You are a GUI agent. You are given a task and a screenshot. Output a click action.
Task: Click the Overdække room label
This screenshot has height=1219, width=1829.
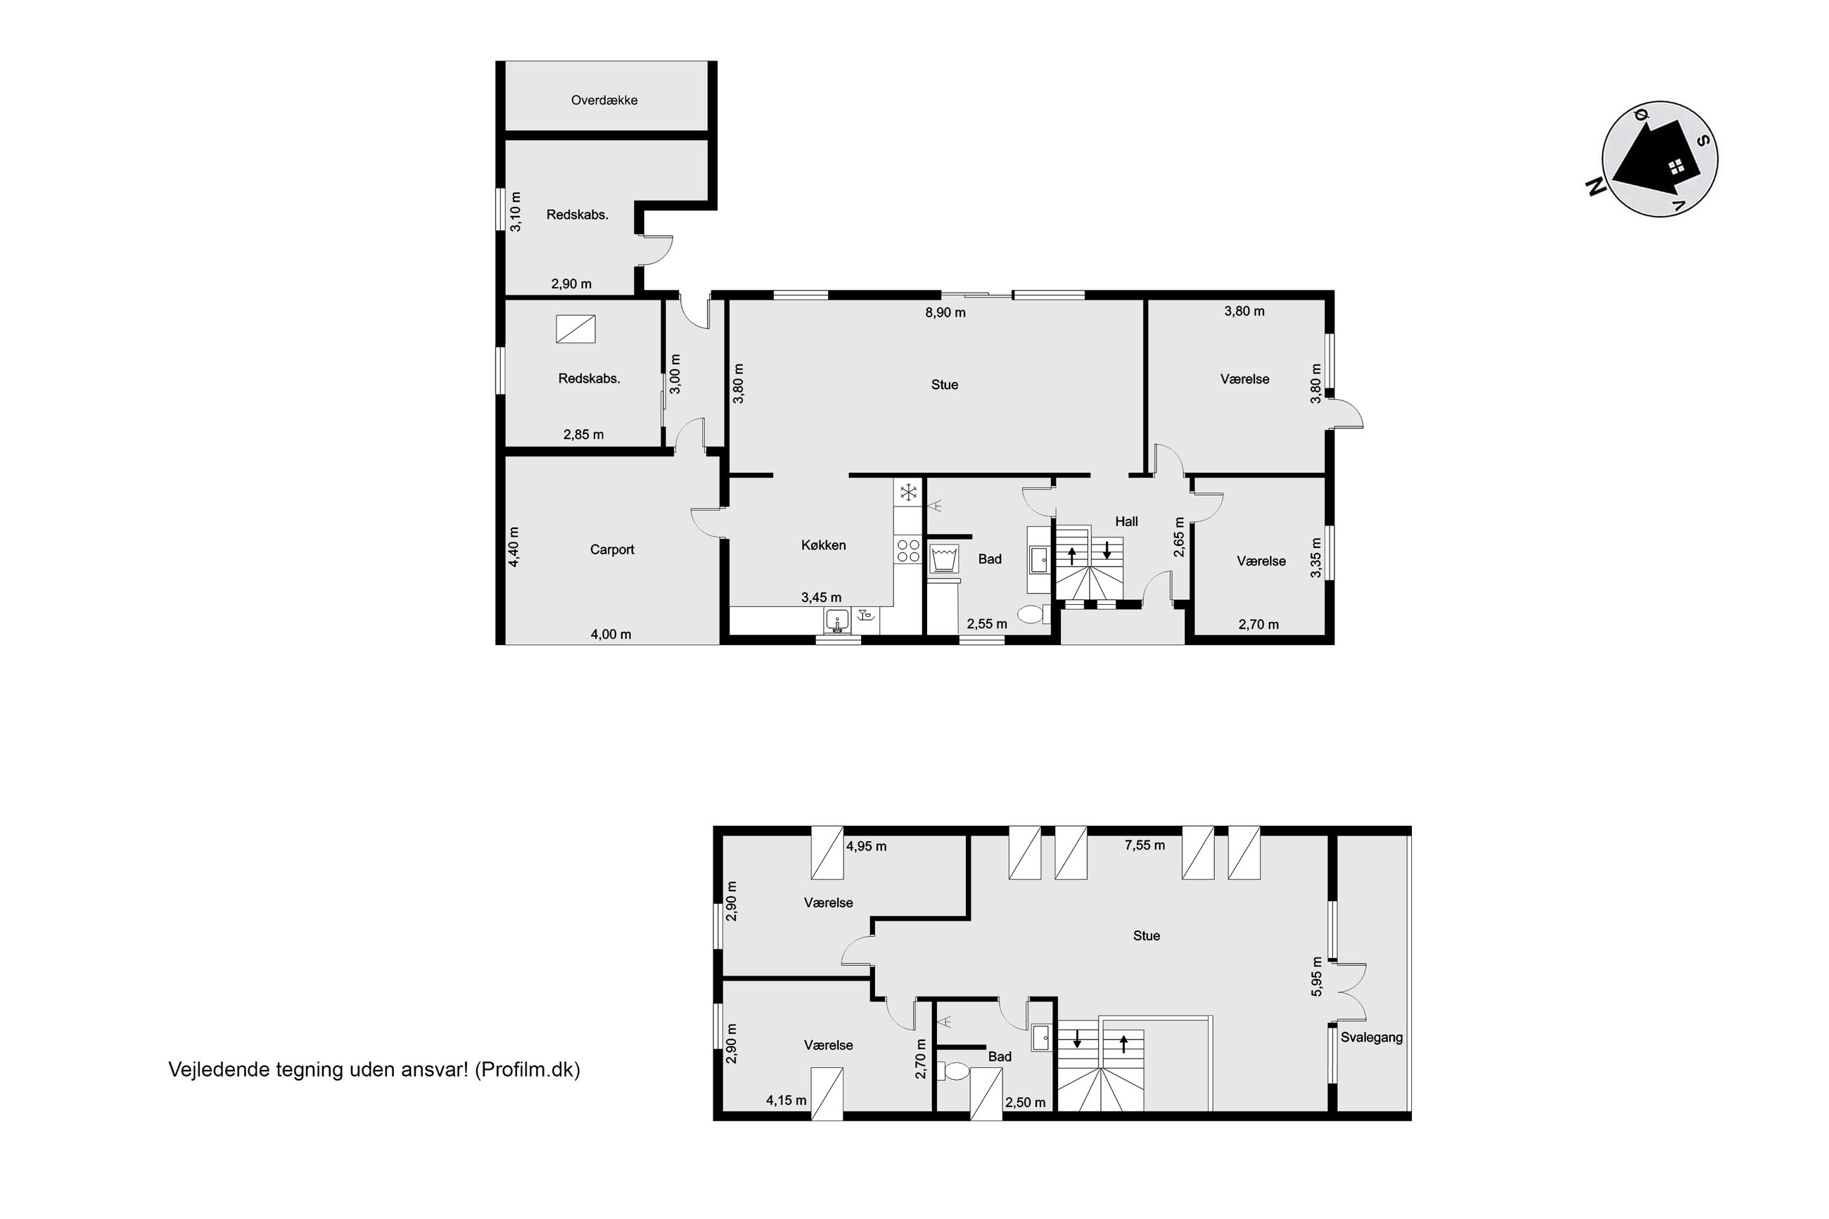(x=604, y=101)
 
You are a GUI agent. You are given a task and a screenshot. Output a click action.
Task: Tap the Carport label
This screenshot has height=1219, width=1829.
(x=612, y=549)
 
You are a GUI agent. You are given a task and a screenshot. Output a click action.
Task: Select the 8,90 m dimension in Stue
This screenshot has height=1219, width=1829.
(x=945, y=312)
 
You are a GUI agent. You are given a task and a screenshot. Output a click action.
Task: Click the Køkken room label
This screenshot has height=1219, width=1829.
(x=823, y=545)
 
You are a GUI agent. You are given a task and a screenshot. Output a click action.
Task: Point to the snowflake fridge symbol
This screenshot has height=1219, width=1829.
(x=908, y=492)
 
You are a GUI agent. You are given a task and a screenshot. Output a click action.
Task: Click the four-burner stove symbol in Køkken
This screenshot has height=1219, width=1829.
(x=908, y=551)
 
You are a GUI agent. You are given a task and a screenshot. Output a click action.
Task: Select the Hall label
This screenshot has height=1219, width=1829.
(x=1126, y=522)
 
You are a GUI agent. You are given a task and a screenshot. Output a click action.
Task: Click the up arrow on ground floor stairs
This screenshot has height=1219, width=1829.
(x=1072, y=555)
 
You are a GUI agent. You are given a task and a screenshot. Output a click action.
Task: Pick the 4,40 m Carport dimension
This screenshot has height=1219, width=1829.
(x=514, y=547)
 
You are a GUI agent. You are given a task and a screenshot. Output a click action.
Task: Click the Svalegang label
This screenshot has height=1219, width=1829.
(x=1371, y=1037)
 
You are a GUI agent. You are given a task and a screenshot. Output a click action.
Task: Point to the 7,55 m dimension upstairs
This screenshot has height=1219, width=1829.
(x=1145, y=845)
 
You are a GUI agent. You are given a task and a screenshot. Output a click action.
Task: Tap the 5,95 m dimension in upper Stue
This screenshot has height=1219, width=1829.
(x=1316, y=976)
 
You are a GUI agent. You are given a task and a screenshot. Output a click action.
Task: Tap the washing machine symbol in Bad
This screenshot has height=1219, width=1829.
(x=943, y=559)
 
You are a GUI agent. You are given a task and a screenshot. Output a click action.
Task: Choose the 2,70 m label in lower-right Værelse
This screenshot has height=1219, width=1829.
(x=1258, y=624)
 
